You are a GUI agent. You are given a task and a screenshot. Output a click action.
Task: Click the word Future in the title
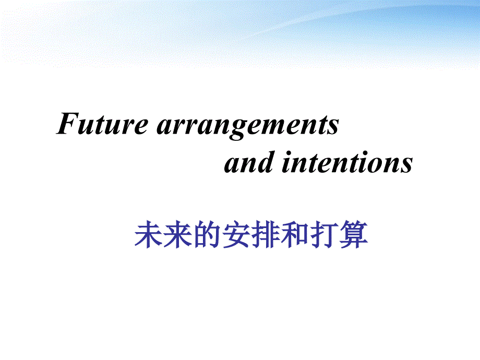tap(102, 123)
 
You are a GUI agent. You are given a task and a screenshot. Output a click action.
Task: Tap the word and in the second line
tap(249, 162)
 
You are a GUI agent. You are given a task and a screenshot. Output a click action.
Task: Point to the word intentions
tap(347, 162)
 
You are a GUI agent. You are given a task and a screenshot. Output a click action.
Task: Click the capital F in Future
tap(68, 123)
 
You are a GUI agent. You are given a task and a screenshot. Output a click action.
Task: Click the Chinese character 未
tap(149, 234)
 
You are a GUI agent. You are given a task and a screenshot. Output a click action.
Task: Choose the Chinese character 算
tap(354, 234)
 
